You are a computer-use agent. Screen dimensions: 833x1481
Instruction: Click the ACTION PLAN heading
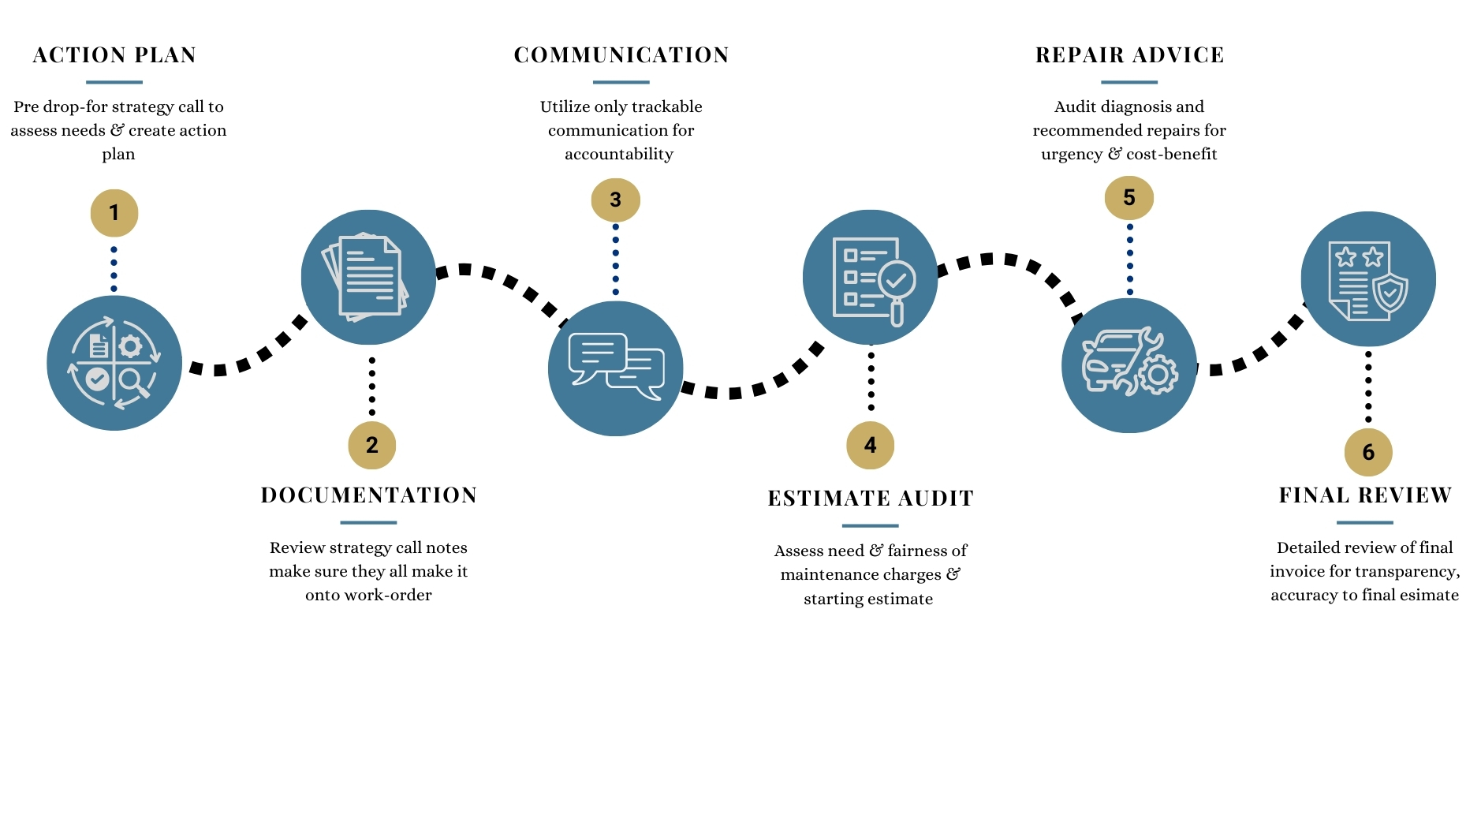click(x=114, y=55)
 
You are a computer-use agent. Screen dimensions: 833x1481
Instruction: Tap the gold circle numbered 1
click(x=114, y=213)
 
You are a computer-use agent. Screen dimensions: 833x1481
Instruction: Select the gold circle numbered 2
click(x=371, y=445)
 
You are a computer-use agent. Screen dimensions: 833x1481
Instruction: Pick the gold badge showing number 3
click(x=615, y=200)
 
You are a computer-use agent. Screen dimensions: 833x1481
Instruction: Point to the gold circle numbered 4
click(x=870, y=445)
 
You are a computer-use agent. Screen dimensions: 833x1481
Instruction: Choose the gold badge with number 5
click(x=1128, y=197)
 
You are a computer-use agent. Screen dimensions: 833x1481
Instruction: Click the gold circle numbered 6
click(x=1367, y=452)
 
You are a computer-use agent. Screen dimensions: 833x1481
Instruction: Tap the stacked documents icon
click(x=368, y=277)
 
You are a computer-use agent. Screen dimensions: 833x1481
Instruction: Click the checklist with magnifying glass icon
click(x=870, y=278)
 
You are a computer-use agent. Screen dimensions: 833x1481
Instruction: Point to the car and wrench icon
click(x=1128, y=365)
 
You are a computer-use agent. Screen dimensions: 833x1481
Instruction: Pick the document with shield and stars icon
click(x=1367, y=279)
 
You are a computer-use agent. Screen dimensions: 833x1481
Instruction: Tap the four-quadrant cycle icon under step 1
click(x=114, y=363)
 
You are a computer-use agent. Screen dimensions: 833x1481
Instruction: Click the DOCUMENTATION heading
click(x=368, y=495)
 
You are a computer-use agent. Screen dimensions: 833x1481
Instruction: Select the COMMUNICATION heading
click(x=621, y=55)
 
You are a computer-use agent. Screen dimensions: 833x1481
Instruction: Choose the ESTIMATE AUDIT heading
click(x=871, y=499)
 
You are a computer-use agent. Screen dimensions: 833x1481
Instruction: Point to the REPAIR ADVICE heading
click(x=1129, y=55)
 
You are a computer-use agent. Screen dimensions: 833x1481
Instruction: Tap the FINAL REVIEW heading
click(x=1365, y=495)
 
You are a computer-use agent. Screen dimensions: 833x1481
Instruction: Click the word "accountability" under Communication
click(x=619, y=154)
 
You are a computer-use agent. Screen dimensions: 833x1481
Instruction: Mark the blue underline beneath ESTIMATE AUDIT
click(x=870, y=525)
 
